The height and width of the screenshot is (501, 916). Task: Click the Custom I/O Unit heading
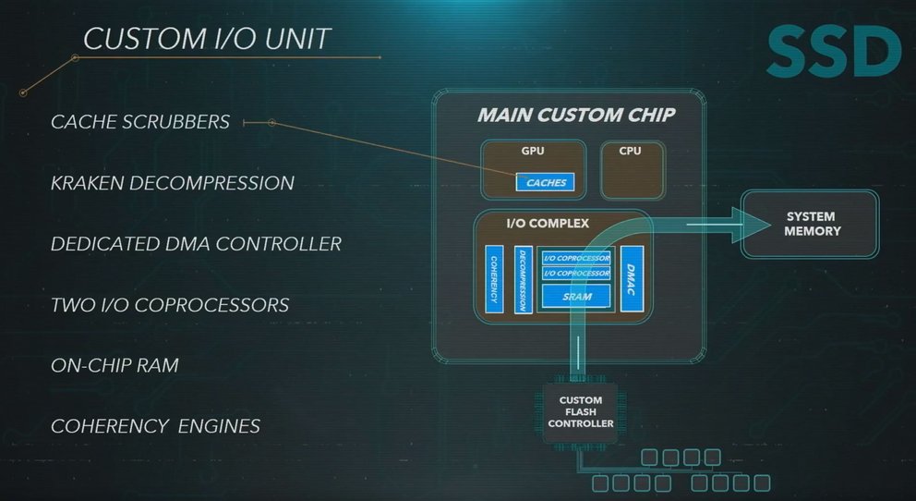point(207,38)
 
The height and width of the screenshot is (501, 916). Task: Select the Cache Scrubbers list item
point(140,122)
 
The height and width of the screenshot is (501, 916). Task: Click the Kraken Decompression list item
point(173,183)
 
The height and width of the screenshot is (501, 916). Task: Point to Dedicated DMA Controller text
point(196,244)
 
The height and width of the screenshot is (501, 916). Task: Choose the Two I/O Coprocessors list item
point(170,305)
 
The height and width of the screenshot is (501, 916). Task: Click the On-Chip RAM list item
point(114,365)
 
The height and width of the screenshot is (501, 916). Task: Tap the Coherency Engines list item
point(155,426)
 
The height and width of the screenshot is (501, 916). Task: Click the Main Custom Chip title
point(576,116)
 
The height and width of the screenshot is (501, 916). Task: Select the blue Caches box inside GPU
point(546,183)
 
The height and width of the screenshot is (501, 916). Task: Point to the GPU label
point(533,149)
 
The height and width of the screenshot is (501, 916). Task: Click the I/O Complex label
point(548,223)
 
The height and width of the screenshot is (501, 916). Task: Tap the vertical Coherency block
point(494,278)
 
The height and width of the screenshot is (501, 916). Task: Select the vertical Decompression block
point(522,278)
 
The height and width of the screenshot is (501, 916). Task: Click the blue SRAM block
point(576,297)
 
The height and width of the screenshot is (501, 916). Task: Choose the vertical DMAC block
point(632,278)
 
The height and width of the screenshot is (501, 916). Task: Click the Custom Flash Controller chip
point(580,412)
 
